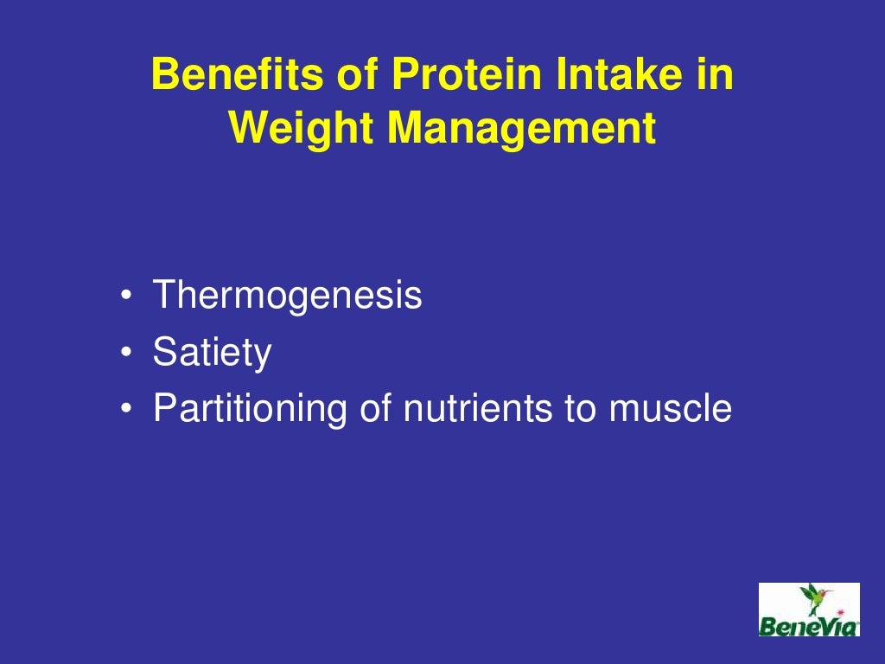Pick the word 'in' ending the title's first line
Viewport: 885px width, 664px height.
[x=716, y=76]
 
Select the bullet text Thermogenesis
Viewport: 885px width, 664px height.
[x=288, y=297]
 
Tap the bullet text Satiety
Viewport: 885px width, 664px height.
[x=212, y=353]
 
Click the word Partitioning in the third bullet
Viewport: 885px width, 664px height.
[x=251, y=408]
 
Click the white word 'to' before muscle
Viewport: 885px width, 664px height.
[x=581, y=408]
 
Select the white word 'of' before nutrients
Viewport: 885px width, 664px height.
[x=376, y=408]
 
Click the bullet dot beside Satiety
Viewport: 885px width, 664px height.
[x=127, y=354]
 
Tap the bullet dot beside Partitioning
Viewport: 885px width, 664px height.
[x=127, y=409]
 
